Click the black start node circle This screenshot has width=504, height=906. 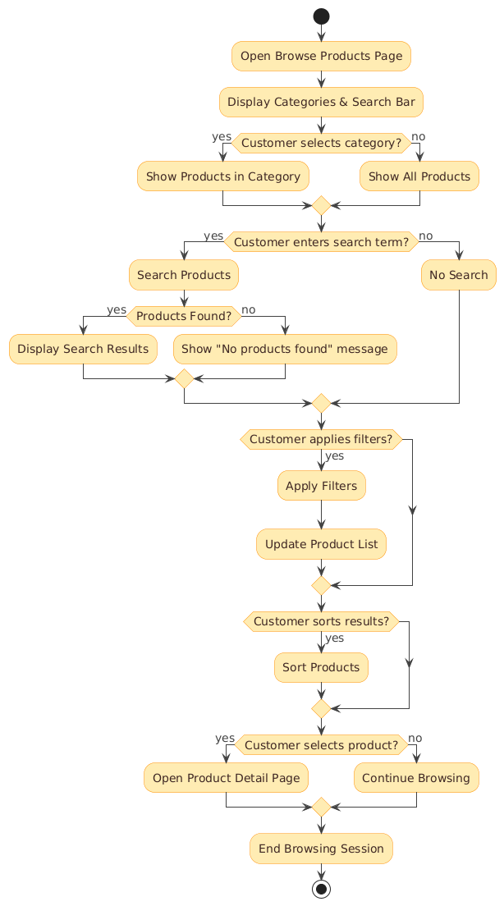321,16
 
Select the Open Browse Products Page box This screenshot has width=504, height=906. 321,56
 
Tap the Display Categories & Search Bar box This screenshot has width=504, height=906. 321,103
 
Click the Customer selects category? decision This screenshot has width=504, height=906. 321,144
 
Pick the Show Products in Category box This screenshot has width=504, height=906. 223,176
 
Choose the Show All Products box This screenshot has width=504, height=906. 419,176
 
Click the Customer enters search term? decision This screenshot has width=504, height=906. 321,241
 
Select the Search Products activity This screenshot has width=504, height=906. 184,274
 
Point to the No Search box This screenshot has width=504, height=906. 459,274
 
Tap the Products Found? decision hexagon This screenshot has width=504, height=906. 184,316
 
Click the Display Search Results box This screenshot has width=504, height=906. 84,349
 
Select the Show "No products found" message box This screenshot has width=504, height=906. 285,349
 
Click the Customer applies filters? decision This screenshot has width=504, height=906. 321,439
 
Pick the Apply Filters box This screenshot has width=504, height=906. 321,485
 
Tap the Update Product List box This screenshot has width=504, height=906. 321,544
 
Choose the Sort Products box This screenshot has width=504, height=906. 321,667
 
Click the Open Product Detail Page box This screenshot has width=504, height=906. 226,777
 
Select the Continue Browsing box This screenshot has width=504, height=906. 416,777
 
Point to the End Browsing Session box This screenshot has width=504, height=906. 321,849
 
